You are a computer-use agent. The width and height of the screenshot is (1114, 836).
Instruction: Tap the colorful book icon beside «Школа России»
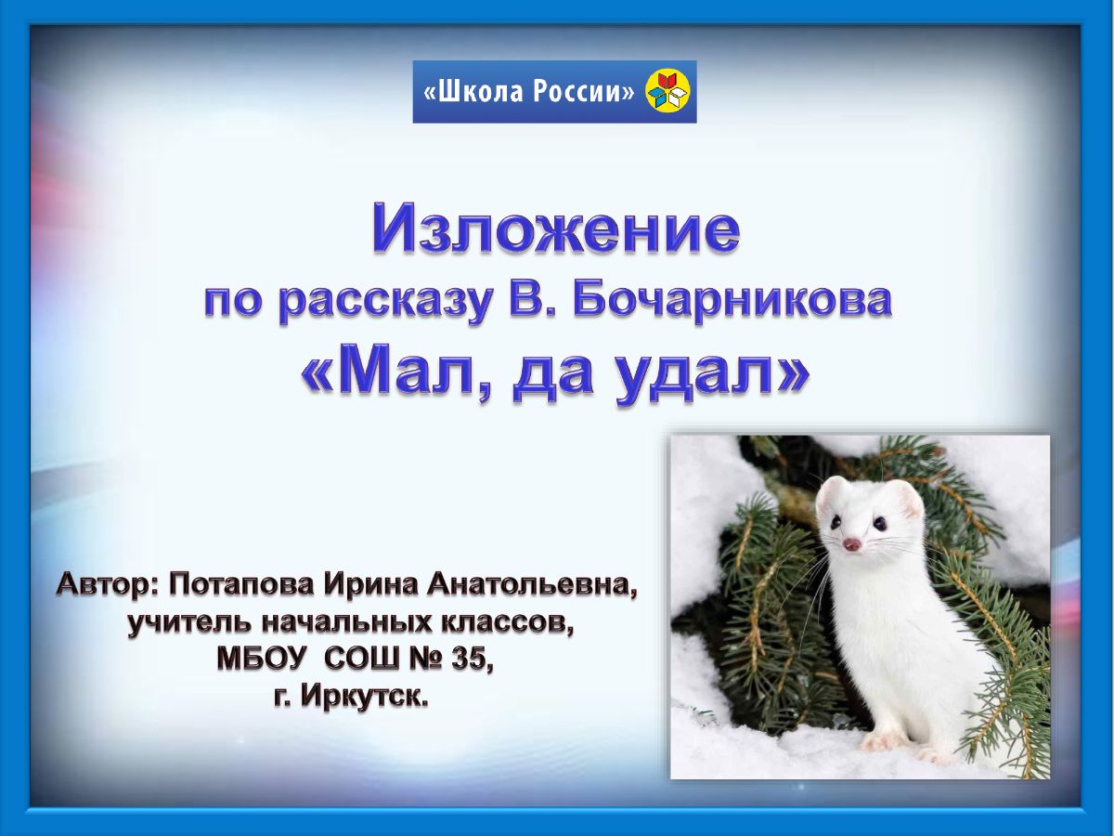click(668, 91)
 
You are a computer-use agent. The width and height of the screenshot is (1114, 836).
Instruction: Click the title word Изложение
click(556, 229)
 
